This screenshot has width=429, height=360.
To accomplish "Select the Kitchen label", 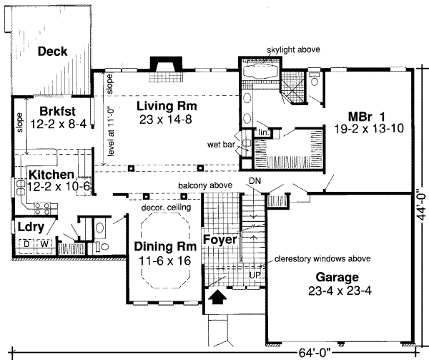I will tap(51, 175).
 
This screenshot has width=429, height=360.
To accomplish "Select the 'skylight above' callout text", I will tap(295, 49).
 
